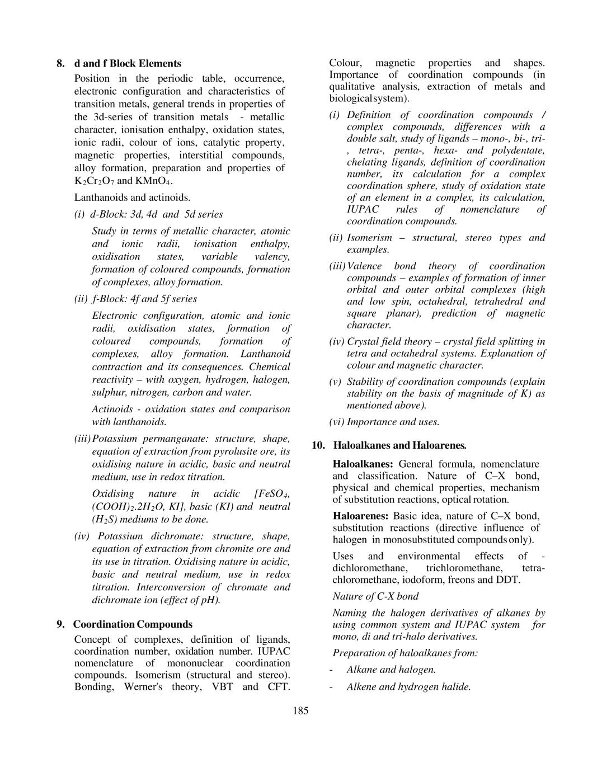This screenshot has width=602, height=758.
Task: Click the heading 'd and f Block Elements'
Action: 128,63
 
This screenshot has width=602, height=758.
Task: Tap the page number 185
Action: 300,711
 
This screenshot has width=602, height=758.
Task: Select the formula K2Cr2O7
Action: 95,181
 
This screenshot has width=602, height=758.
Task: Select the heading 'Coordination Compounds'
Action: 133,624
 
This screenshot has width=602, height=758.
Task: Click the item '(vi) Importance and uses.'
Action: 384,422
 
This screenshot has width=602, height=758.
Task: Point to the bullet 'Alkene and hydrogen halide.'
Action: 408,687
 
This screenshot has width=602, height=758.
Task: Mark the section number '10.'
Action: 318,445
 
